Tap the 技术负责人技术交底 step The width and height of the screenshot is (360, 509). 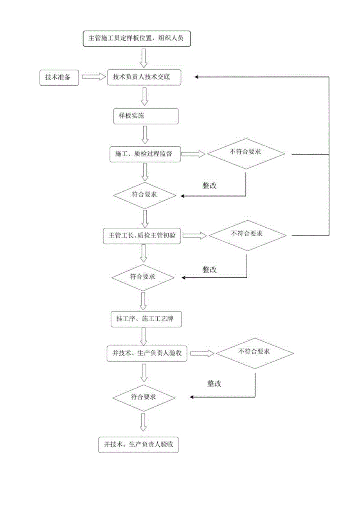pyautogui.click(x=144, y=77)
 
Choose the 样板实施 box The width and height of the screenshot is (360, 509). pyautogui.click(x=144, y=116)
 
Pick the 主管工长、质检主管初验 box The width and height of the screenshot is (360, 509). pyautogui.click(x=142, y=236)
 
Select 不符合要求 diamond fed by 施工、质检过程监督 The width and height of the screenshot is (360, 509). pyautogui.click(x=246, y=153)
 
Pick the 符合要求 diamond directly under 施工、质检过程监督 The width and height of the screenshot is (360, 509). pyautogui.click(x=143, y=194)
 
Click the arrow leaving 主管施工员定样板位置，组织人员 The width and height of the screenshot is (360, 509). pyautogui.click(x=144, y=58)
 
